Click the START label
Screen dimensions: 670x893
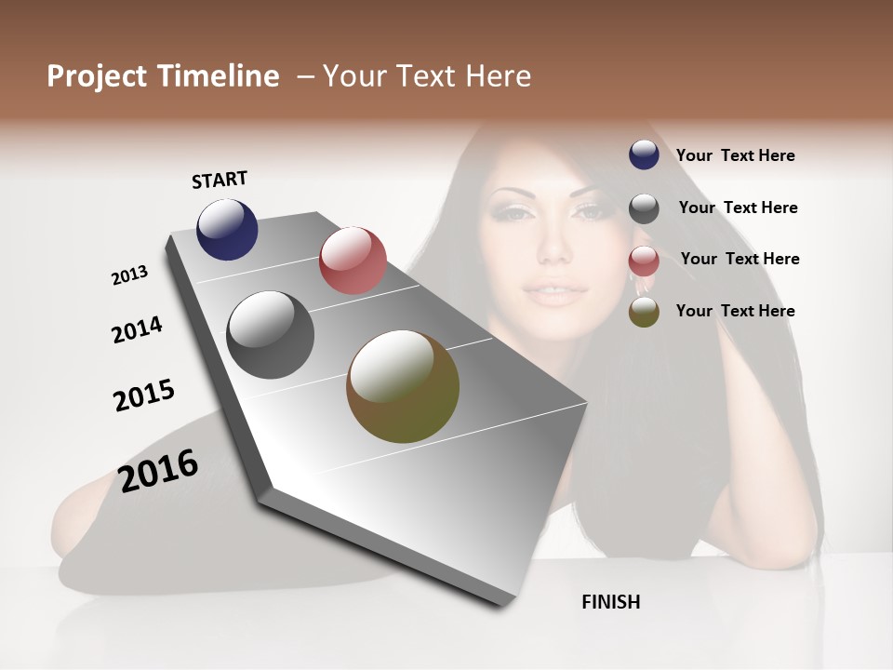[x=220, y=180]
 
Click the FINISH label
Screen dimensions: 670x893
[x=611, y=602]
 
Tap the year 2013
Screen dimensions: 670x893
[x=130, y=275]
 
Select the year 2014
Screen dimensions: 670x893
[x=138, y=329]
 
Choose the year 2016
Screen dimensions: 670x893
[x=159, y=470]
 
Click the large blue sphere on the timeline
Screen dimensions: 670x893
[x=227, y=229]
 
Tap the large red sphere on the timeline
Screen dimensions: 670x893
[x=353, y=261]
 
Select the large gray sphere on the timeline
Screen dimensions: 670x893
[x=271, y=335]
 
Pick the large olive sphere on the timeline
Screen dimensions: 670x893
[x=403, y=386]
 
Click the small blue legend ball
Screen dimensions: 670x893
[x=644, y=154]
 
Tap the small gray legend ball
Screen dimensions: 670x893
[x=644, y=208]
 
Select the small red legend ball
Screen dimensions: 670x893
[x=644, y=261]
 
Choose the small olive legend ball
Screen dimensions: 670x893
[x=644, y=312]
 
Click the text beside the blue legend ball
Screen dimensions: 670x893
[x=735, y=155]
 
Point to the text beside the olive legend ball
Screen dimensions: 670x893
[x=735, y=311]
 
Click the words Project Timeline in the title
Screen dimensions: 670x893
[x=163, y=76]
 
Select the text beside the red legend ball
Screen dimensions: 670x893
[x=740, y=259]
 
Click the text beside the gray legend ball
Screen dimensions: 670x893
[x=738, y=208]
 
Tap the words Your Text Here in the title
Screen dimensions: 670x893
[x=427, y=76]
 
